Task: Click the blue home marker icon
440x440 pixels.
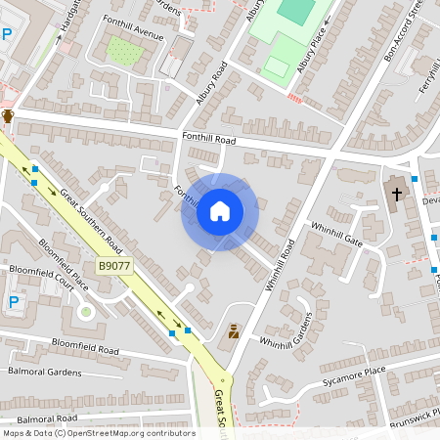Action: pos(219,211)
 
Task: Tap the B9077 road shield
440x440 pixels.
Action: pos(114,266)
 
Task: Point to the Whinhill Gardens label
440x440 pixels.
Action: pos(285,330)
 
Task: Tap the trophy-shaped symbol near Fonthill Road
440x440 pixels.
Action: pos(8,116)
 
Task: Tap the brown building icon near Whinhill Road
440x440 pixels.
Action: pos(234,332)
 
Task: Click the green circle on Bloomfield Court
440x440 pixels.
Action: pos(85,312)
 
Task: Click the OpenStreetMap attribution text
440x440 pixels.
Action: pos(98,433)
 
